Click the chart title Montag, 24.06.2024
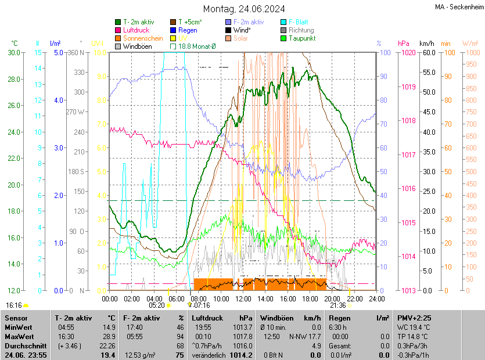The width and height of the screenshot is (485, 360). pos(244,9)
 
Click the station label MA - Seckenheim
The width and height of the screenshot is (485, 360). pos(458,6)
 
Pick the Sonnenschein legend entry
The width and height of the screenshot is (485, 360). pos(143,38)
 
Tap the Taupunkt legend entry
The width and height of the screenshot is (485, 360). pos(301,38)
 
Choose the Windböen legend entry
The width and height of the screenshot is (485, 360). pos(137,46)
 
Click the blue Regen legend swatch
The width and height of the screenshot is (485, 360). pos(173,30)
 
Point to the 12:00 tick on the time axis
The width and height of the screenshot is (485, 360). pos(243,298)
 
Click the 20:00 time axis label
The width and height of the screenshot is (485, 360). pos(332,298)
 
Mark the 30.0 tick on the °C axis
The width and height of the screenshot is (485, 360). pos(13,53)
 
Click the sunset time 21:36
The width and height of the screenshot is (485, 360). pos(338,305)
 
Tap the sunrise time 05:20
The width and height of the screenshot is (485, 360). pos(157,305)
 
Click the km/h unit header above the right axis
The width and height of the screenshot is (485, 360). pos(427,44)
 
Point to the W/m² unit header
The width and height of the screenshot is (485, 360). pos(470,44)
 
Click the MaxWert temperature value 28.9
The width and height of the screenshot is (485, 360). pos(109,337)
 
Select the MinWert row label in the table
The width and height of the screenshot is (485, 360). pos(19,327)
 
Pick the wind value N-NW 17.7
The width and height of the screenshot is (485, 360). pos(307,337)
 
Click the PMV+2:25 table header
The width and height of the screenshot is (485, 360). pos(414,318)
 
